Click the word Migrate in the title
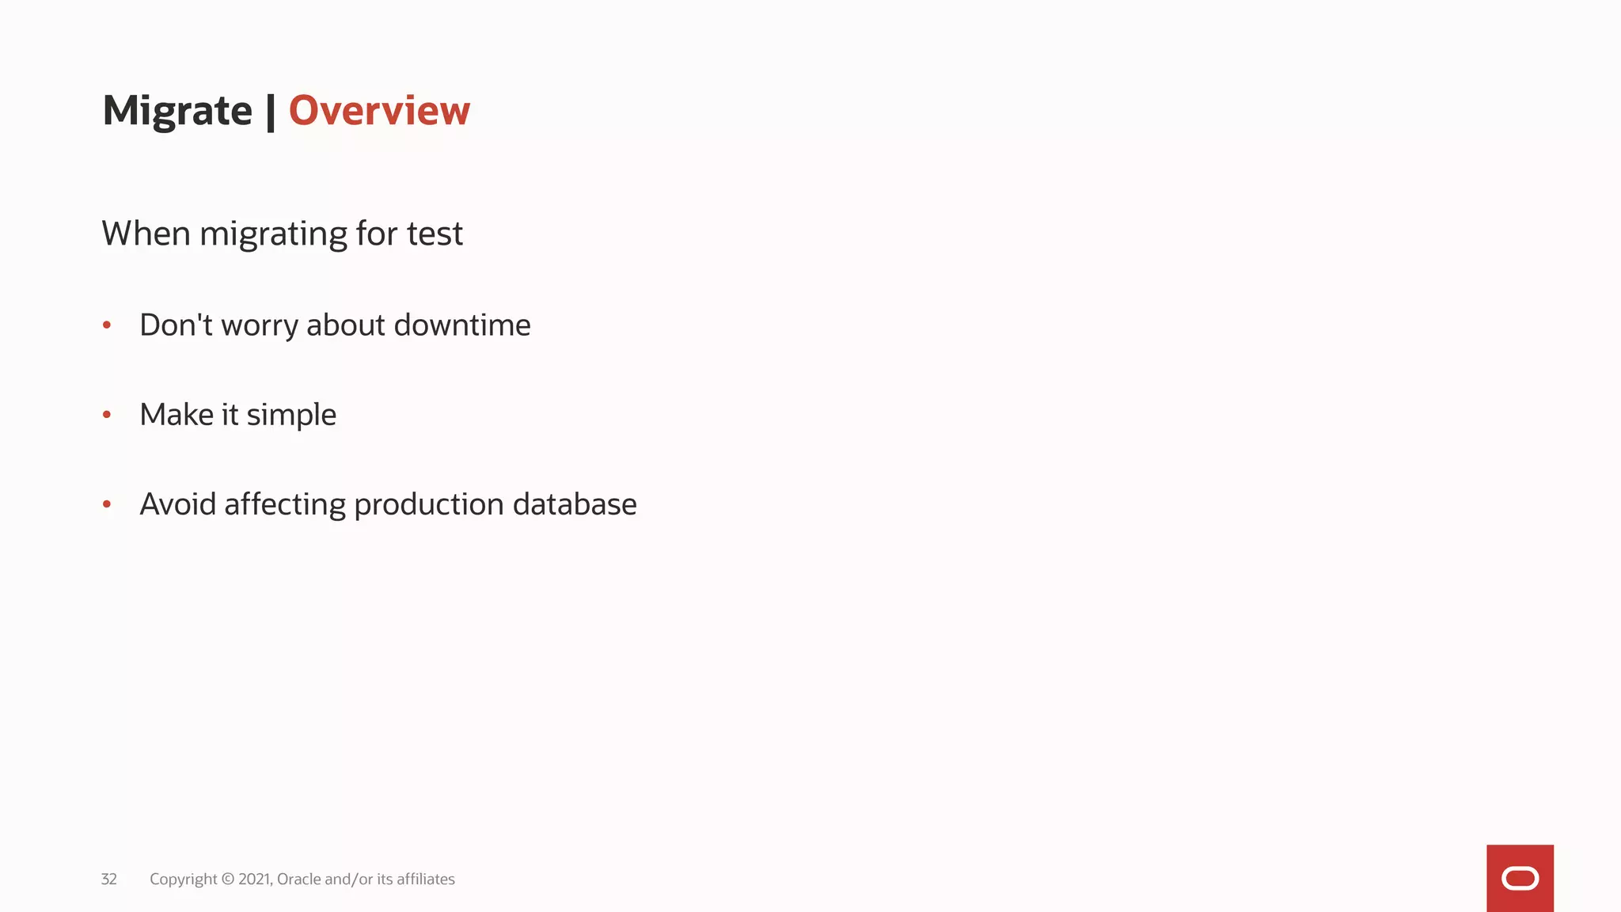click(x=177, y=111)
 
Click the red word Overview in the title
click(x=379, y=110)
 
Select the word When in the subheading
click(x=146, y=234)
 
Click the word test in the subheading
click(x=435, y=234)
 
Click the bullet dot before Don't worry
click(x=107, y=325)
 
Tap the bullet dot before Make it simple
click(x=107, y=414)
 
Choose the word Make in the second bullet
click(x=177, y=414)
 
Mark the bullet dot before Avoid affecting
click(x=107, y=503)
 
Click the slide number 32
click(x=109, y=879)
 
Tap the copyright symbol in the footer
click(x=228, y=879)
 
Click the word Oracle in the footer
click(x=298, y=879)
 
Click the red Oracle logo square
click(x=1520, y=878)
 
